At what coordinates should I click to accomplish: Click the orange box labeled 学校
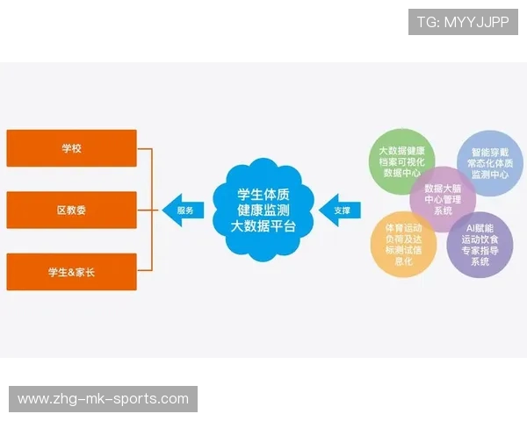click(x=71, y=148)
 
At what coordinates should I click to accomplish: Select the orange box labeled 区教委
click(x=71, y=210)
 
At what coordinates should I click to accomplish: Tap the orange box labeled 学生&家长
click(x=71, y=272)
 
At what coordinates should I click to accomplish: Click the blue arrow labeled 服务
click(x=183, y=210)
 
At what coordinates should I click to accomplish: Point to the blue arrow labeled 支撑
click(x=340, y=210)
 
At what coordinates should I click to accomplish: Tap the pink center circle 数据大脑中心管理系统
click(x=443, y=199)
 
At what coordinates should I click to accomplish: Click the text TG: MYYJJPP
click(x=463, y=22)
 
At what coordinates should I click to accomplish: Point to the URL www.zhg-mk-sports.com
click(x=104, y=399)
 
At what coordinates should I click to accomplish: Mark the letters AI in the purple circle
click(x=469, y=226)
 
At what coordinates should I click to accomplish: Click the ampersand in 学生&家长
click(x=72, y=272)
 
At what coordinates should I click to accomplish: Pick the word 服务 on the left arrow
click(x=185, y=210)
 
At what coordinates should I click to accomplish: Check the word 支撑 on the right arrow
click(x=342, y=210)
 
